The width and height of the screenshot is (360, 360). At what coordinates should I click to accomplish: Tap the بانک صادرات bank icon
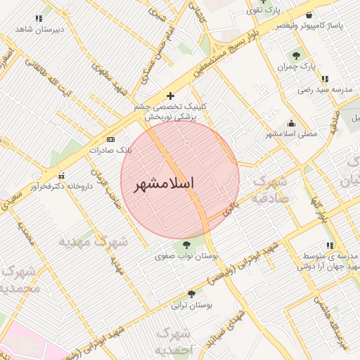pyautogui.click(x=110, y=140)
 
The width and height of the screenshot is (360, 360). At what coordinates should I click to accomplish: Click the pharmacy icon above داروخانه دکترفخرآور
pyautogui.click(x=61, y=176)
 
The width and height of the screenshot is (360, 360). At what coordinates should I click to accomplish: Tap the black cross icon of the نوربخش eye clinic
pyautogui.click(x=169, y=95)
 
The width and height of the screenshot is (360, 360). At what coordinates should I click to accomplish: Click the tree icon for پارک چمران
pyautogui.click(x=296, y=55)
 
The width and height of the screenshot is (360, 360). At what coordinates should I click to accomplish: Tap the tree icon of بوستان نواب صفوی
pyautogui.click(x=186, y=245)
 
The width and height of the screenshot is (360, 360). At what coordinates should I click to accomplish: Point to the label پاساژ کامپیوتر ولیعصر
pyautogui.click(x=312, y=25)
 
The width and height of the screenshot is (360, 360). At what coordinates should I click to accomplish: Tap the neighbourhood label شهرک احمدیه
pyautogui.click(x=171, y=341)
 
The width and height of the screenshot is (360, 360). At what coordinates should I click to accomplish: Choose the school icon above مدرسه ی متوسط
pyautogui.click(x=330, y=245)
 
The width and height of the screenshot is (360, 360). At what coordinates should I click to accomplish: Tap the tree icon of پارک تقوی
pyautogui.click(x=262, y=2)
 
